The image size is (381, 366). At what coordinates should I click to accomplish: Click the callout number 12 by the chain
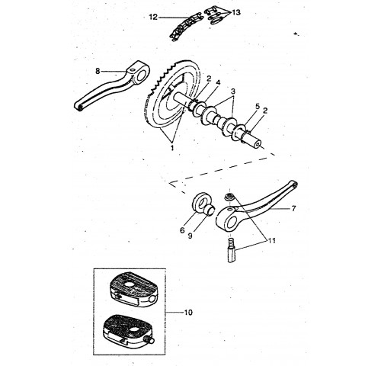click(153, 18)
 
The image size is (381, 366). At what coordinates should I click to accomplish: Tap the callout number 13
click(236, 12)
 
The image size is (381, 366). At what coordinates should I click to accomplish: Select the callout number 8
click(98, 71)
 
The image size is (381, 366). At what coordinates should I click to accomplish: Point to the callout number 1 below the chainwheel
click(172, 148)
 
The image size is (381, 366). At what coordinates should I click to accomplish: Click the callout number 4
click(218, 82)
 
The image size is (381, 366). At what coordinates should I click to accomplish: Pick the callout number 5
click(258, 106)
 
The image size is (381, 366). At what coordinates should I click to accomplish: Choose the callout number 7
click(293, 209)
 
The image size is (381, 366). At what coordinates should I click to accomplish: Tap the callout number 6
click(182, 230)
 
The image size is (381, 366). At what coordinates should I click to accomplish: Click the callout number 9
click(190, 236)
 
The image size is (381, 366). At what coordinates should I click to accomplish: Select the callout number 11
click(271, 240)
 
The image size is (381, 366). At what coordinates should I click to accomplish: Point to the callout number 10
click(188, 312)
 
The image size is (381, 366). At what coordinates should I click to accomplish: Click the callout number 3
click(233, 91)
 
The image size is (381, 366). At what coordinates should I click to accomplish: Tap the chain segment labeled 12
click(186, 27)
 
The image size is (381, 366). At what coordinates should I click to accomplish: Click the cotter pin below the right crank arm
click(231, 250)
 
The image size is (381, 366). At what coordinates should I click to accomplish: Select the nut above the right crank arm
click(229, 197)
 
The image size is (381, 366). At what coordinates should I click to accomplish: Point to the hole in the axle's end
click(258, 144)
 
